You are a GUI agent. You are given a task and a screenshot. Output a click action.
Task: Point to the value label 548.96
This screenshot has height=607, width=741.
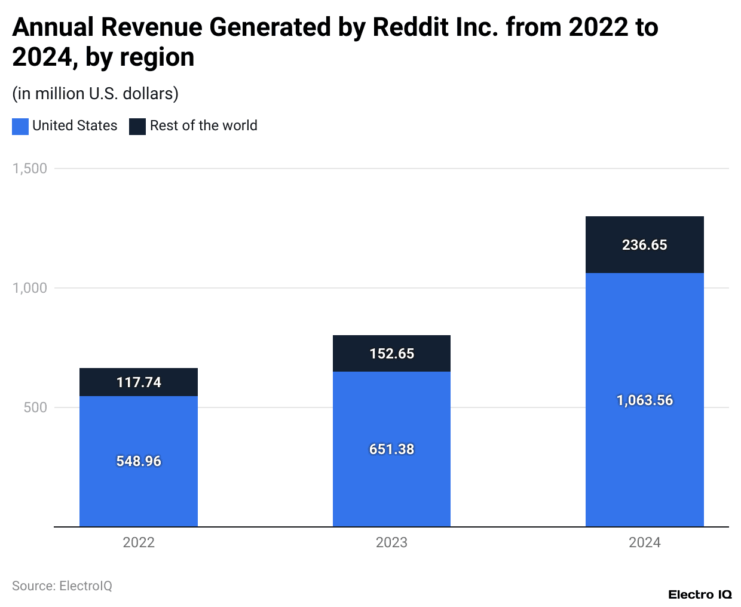(139, 461)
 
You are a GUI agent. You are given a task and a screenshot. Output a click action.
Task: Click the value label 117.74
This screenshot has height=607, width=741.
(139, 382)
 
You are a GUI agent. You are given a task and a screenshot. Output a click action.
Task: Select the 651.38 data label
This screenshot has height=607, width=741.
(391, 449)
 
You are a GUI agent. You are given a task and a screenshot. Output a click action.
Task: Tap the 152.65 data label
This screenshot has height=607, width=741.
(391, 354)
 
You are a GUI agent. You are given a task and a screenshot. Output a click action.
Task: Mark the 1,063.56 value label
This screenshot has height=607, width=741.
(644, 400)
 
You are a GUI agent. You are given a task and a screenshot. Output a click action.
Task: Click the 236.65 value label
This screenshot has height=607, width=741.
(644, 245)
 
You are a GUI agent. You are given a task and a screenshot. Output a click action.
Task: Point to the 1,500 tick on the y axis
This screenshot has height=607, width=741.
(30, 168)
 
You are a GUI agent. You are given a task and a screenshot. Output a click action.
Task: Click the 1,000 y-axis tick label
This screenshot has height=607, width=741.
(30, 288)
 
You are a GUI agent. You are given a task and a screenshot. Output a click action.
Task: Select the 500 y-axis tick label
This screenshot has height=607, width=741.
(35, 407)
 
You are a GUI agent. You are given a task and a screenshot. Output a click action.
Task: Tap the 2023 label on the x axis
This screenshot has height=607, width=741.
(391, 542)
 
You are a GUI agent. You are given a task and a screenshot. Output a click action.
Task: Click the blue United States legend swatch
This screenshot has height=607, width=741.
(20, 126)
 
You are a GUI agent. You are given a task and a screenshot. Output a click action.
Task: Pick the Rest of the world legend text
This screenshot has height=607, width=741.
(203, 125)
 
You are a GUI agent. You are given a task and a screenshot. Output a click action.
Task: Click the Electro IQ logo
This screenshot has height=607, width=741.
(699, 594)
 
